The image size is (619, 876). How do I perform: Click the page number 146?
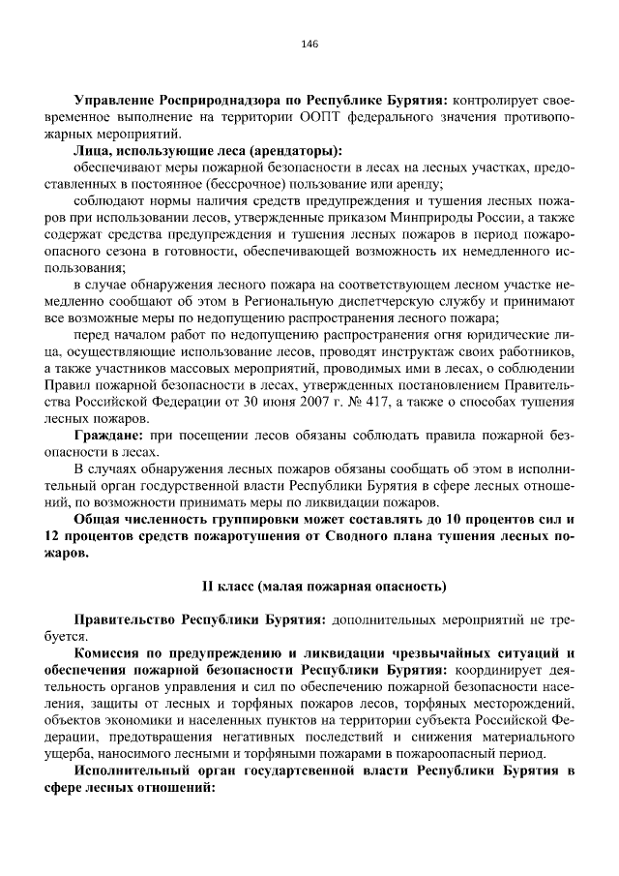click(309, 45)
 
